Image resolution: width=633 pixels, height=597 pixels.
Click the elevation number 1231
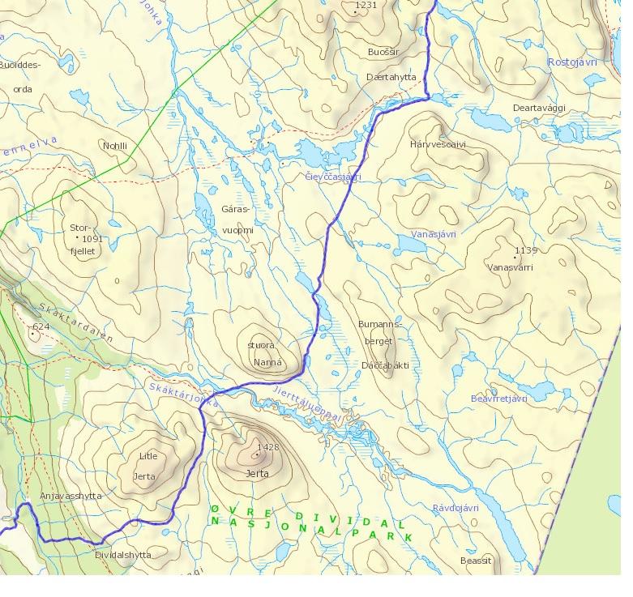366,6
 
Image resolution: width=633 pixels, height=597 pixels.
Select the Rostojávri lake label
572,62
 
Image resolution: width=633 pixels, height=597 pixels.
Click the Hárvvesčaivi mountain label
438,145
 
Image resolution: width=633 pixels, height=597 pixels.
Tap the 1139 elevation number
525,250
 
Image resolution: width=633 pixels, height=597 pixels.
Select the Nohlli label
115,146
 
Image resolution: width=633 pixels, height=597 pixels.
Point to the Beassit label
475,561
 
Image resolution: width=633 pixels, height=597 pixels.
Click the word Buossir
383,51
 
